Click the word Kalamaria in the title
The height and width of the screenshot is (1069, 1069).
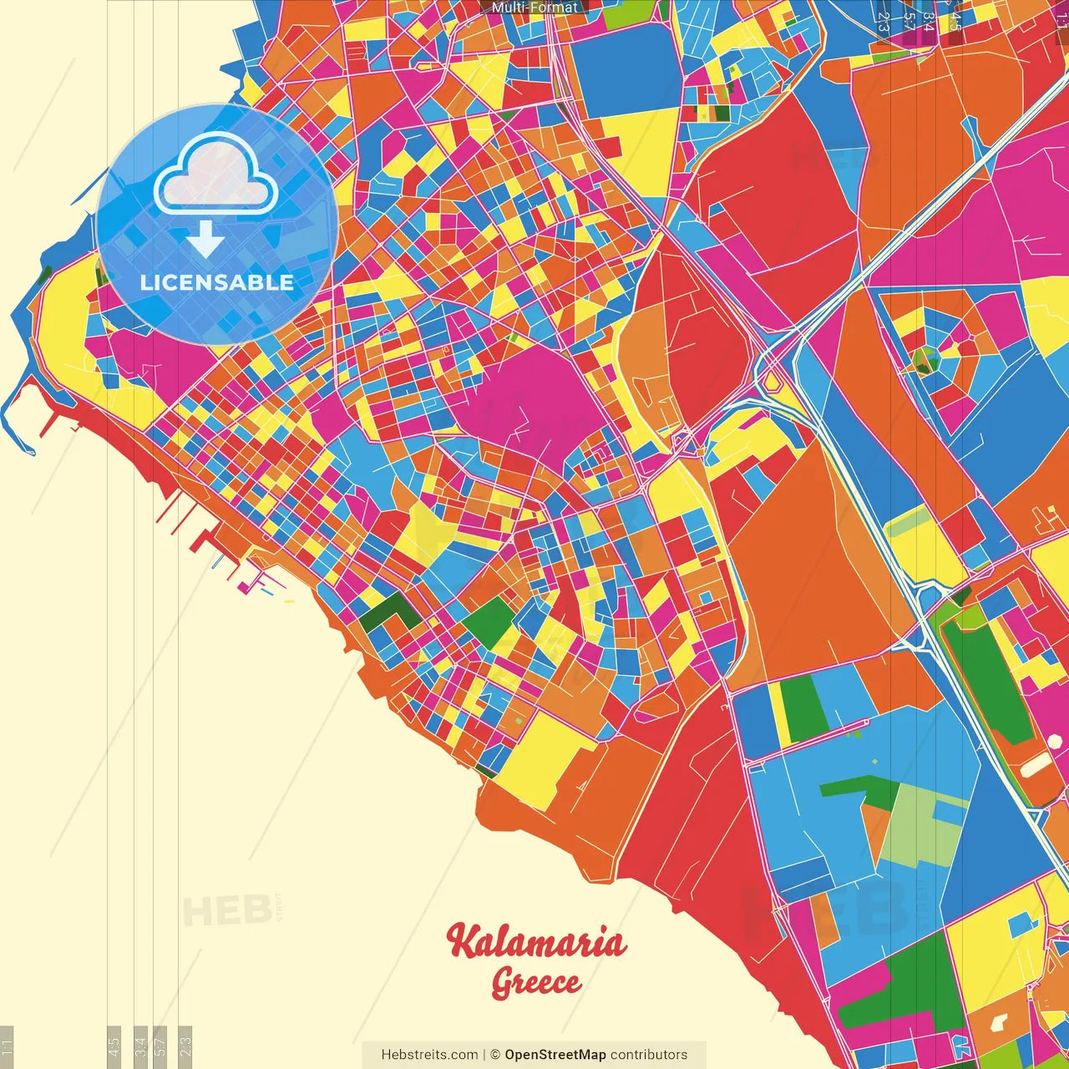click(x=536, y=942)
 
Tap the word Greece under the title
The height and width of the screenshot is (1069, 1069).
click(x=536, y=982)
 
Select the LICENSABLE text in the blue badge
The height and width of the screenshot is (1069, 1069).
click(x=216, y=282)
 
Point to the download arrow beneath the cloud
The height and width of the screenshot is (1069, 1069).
click(x=205, y=240)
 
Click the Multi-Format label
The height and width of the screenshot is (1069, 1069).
click(x=534, y=8)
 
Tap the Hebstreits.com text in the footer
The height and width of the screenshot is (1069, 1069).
click(x=429, y=1055)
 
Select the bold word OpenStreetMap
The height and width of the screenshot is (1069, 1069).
click(x=555, y=1055)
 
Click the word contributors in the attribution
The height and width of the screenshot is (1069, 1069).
click(x=649, y=1055)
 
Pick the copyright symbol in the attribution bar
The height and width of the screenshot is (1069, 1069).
click(x=494, y=1055)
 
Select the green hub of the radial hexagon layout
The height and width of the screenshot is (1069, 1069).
click(x=925, y=361)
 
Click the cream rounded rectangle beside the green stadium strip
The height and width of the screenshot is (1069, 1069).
click(x=1036, y=763)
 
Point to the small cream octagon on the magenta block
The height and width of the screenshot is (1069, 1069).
click(x=998, y=1021)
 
